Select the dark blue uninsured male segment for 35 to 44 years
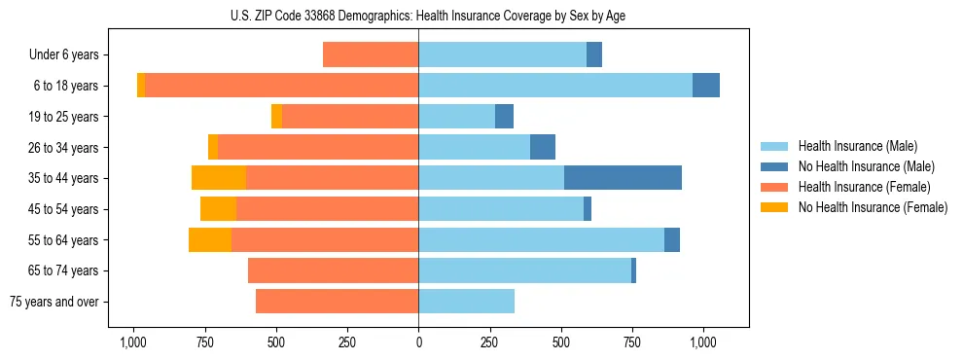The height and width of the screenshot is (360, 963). click(623, 178)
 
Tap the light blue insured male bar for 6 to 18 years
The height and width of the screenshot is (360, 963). click(555, 86)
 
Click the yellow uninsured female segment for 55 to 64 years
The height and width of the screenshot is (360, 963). click(210, 239)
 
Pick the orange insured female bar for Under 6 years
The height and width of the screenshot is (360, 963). click(371, 54)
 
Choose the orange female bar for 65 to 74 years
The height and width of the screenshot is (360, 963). click(334, 270)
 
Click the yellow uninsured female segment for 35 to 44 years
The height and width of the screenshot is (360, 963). click(219, 178)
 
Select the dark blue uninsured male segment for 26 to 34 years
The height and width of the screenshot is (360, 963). click(543, 147)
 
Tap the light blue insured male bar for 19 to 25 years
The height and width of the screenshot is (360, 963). click(457, 117)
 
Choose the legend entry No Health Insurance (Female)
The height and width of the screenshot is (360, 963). click(872, 207)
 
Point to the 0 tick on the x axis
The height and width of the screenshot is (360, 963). click(419, 342)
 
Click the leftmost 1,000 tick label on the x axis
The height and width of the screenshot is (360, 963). click(133, 342)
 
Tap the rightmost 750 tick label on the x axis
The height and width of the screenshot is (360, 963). click(633, 342)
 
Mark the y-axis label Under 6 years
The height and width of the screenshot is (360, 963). click(64, 55)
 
